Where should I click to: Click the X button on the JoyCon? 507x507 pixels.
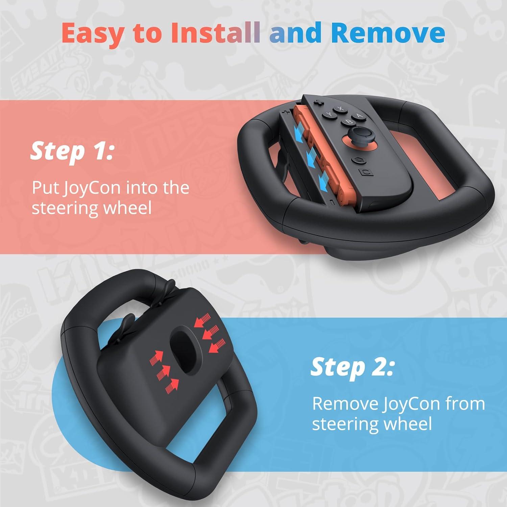click(x=341, y=109)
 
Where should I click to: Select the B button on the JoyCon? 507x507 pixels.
click(x=348, y=122)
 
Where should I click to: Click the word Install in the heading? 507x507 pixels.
click(x=216, y=33)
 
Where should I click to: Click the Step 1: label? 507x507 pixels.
click(x=72, y=151)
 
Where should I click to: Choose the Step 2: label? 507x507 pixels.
click(x=352, y=367)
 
